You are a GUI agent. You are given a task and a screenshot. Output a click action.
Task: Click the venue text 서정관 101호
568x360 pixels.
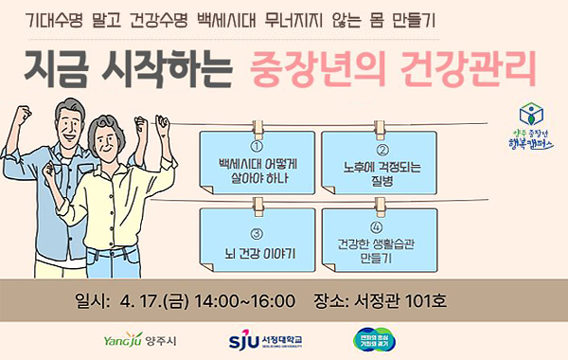pyautogui.click(x=406, y=302)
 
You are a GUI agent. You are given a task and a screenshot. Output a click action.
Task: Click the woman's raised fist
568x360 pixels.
pyautogui.click(x=162, y=122)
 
